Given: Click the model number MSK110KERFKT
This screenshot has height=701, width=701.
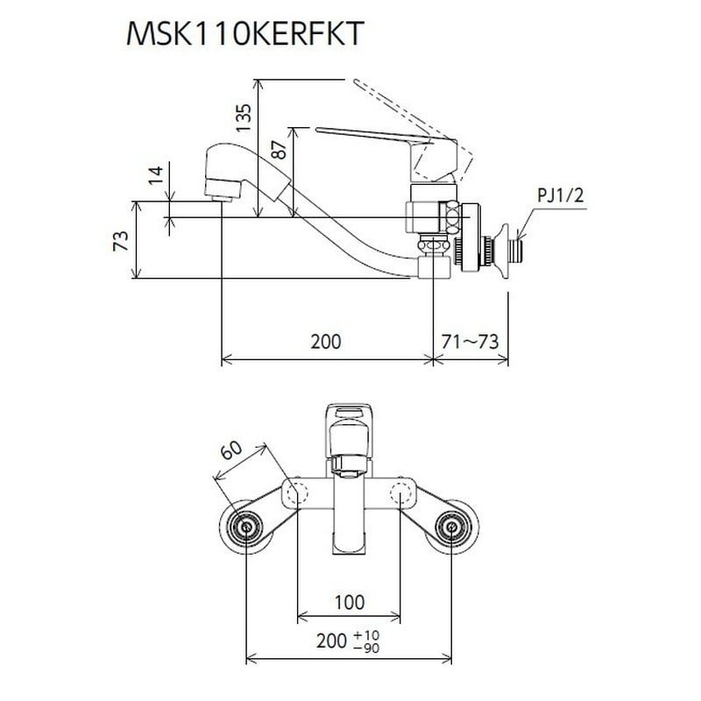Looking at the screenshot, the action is [244, 33].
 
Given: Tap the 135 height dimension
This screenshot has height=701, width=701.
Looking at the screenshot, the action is [244, 118].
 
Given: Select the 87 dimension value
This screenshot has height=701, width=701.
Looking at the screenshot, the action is [279, 149].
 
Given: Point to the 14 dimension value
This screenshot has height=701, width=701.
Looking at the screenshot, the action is [156, 174].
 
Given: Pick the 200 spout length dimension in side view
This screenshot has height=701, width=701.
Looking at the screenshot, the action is [326, 342].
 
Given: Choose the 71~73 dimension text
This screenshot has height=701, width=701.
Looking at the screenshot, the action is [470, 342].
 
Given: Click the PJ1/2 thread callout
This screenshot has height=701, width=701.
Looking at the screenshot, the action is [560, 195].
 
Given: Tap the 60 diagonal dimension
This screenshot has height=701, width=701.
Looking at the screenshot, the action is [232, 451].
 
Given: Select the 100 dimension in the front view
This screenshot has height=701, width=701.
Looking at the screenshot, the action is [350, 602].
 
